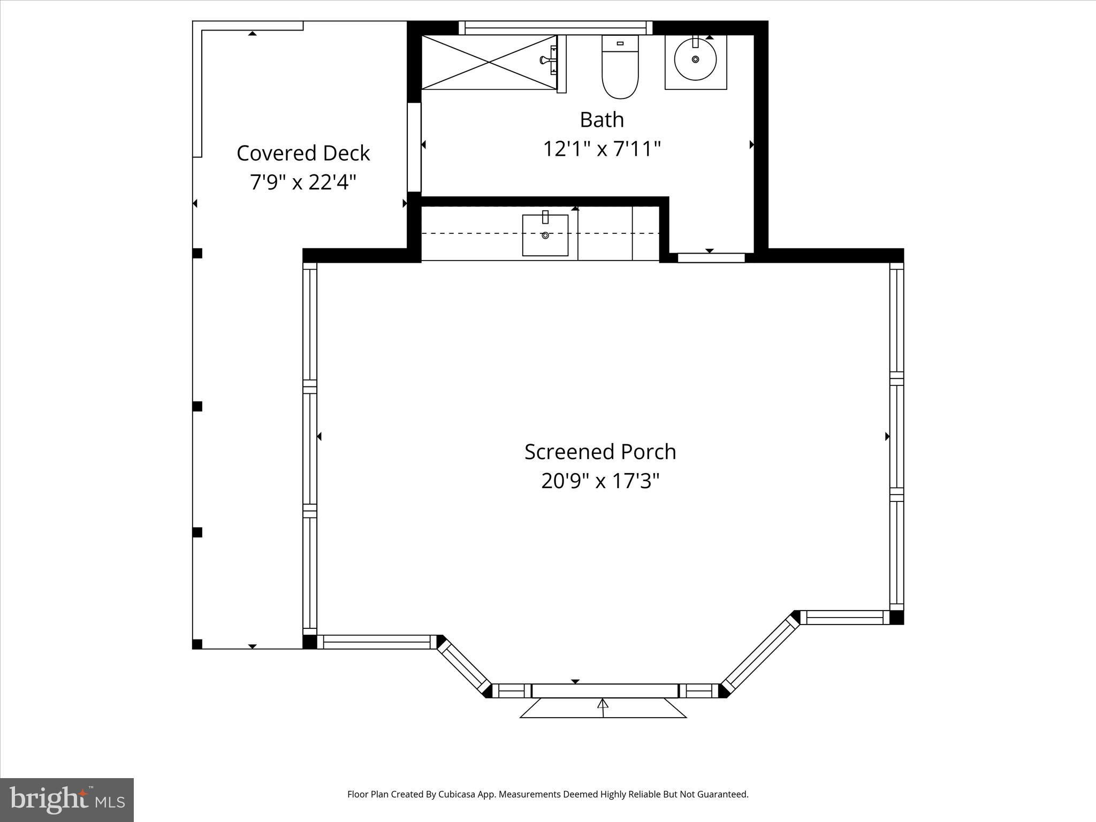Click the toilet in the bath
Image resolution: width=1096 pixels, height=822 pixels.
click(620, 67)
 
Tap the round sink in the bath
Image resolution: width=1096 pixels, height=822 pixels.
click(695, 59)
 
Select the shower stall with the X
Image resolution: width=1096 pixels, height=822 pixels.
click(489, 62)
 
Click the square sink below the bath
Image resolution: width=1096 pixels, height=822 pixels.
click(545, 235)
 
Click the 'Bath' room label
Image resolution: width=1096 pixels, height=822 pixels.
click(602, 119)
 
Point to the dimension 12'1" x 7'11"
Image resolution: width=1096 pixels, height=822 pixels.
click(602, 148)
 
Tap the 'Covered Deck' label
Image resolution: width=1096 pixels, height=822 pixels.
click(303, 153)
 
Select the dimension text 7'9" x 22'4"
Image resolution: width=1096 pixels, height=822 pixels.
click(303, 182)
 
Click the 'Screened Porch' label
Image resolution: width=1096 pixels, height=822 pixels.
click(600, 452)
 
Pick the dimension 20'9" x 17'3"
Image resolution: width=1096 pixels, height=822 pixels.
click(600, 481)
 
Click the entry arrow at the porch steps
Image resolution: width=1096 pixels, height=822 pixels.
click(603, 707)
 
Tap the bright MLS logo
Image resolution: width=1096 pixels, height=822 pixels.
click(67, 800)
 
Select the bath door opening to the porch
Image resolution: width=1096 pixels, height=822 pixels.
click(711, 257)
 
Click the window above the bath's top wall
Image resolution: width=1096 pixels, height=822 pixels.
click(555, 28)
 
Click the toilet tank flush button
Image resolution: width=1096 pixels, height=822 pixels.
click(620, 43)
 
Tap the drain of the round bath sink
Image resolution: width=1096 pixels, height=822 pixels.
click(695, 59)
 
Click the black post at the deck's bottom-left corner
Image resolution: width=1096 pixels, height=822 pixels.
click(197, 644)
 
